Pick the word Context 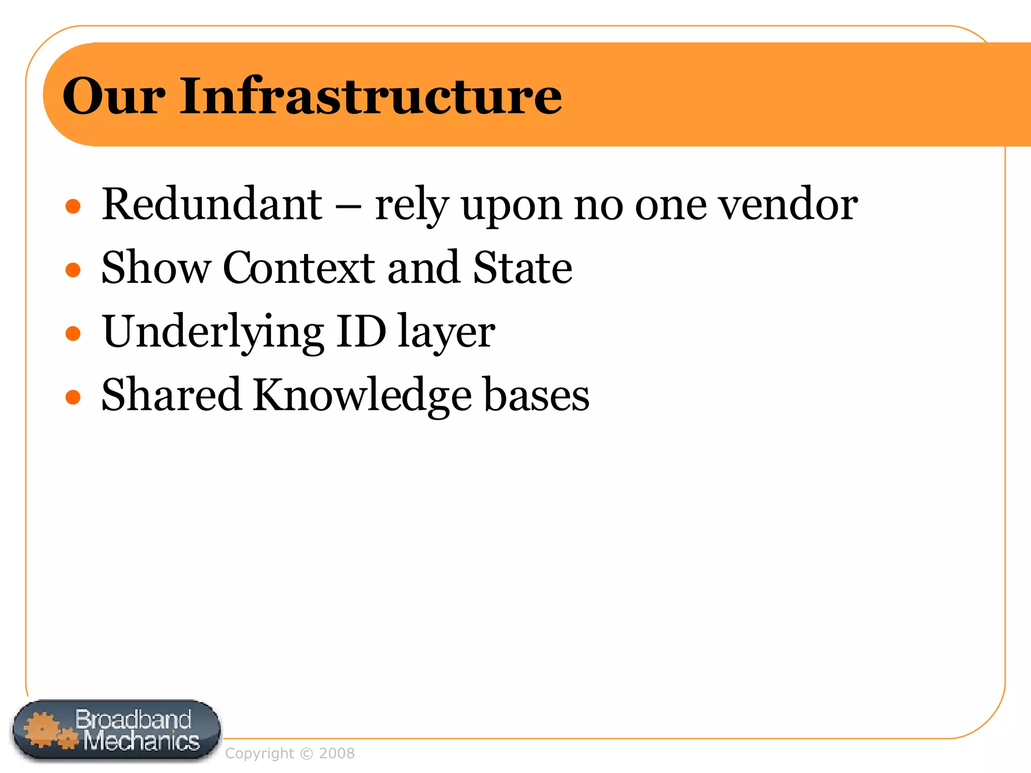(299, 268)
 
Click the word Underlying (213, 332)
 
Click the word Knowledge (361, 396)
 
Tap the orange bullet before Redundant (73, 206)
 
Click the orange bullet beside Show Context (73, 270)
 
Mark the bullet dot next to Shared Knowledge (73, 397)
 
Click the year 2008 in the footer (337, 753)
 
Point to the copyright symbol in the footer (306, 753)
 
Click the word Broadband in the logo (133, 719)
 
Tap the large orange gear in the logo (41, 729)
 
